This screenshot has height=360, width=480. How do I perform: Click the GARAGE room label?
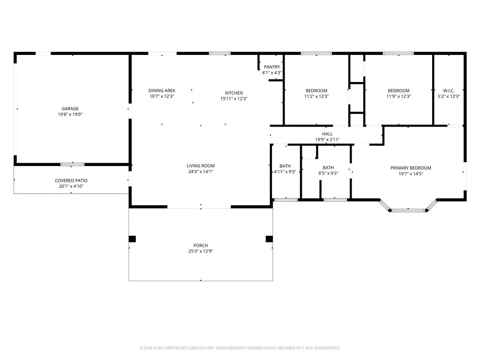[x=70, y=109]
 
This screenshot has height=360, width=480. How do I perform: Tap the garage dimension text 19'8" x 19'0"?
[x=70, y=114]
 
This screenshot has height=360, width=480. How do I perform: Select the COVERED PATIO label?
[x=71, y=180]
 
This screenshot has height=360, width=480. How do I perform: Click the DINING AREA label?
[x=162, y=90]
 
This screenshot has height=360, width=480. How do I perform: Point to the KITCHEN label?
[x=233, y=93]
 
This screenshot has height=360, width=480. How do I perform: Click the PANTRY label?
[x=272, y=67]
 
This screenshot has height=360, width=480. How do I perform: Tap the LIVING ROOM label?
[x=201, y=165]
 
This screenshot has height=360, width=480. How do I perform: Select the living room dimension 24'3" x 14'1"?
[x=201, y=172]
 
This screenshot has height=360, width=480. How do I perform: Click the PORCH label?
[x=201, y=245]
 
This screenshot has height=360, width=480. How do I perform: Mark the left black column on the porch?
[x=132, y=239]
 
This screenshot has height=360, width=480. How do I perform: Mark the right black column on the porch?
[x=269, y=239]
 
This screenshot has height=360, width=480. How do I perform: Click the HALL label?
[x=327, y=134]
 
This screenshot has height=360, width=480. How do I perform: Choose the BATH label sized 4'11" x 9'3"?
[x=285, y=166]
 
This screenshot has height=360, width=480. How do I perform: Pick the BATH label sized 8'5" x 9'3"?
[x=328, y=168]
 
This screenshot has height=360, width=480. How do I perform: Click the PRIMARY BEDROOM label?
[x=411, y=168]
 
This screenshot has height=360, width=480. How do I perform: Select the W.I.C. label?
[x=449, y=90]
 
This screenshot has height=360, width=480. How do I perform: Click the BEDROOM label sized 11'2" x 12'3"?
[x=316, y=90]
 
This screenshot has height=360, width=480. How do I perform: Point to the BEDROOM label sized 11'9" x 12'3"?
[x=398, y=90]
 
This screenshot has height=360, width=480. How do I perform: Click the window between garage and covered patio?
[x=73, y=165]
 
